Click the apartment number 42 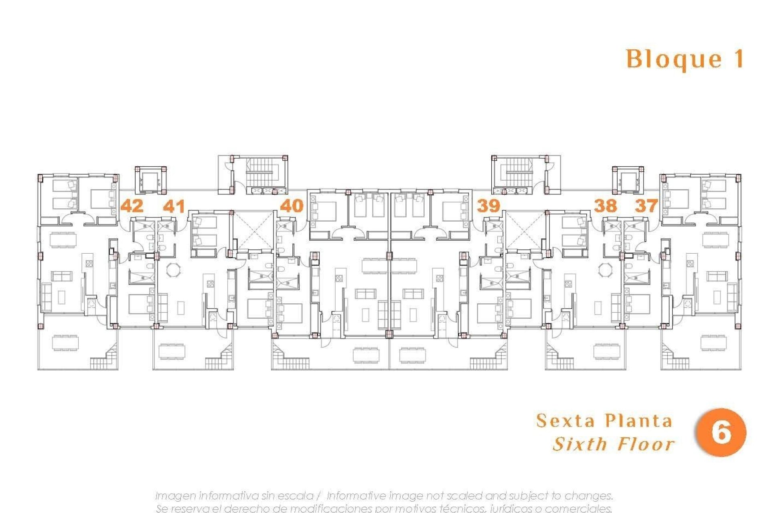pos(132,206)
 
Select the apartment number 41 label pos(174,206)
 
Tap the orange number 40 pos(292,206)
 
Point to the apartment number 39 pos(488,206)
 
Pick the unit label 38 pos(605,206)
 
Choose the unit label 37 pos(646,206)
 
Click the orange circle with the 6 pos(721,432)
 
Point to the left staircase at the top pos(259,171)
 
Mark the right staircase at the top pos(519,171)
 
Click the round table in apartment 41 pos(174,269)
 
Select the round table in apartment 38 pos(604,269)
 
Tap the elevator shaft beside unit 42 pos(151,180)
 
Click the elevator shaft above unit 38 pos(628,180)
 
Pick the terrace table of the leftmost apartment pos(65,343)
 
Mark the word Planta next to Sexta pos(638,421)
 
